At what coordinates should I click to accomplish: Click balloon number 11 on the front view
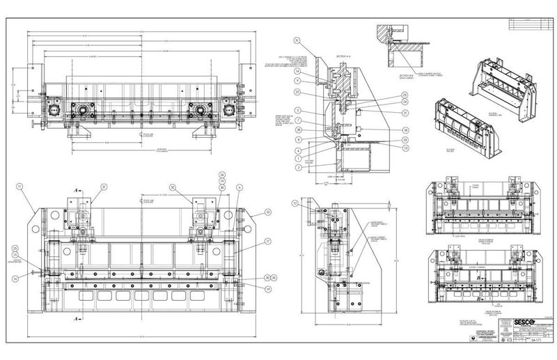pos(21,187)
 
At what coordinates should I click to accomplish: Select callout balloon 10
pos(267,211)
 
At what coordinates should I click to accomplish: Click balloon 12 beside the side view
pos(295,203)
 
